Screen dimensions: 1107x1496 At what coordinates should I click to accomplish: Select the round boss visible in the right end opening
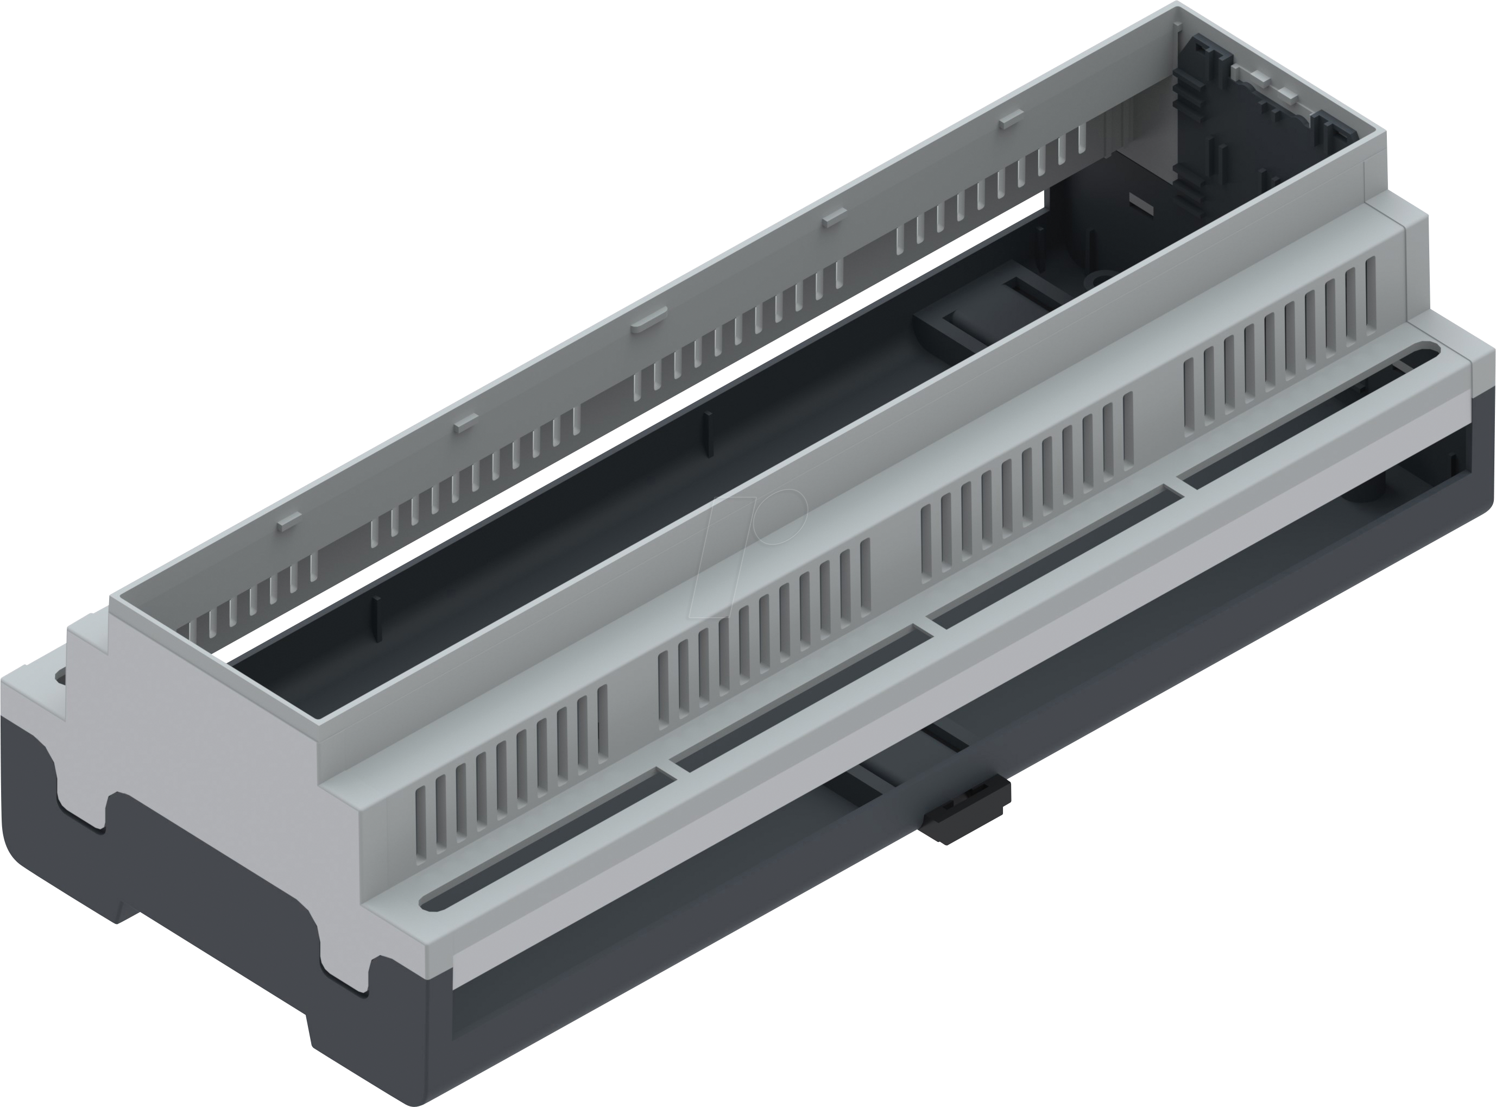tap(1367, 497)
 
